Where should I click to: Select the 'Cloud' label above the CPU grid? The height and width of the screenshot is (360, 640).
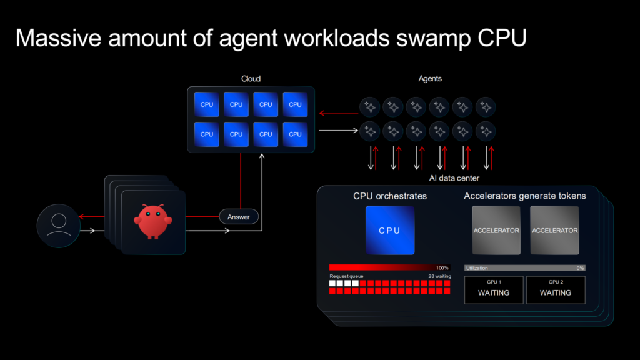pos(251,79)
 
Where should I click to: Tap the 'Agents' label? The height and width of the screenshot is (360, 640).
pos(430,79)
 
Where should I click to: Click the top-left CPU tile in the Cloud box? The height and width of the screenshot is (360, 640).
pos(207,104)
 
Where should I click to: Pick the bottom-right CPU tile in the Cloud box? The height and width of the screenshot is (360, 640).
pos(295,134)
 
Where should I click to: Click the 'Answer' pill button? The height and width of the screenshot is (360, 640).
pos(239,217)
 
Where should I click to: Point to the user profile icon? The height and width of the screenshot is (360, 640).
pos(59,224)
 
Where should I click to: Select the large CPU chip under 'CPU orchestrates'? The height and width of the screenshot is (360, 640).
pos(389,231)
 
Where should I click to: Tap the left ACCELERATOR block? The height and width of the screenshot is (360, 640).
pos(496,231)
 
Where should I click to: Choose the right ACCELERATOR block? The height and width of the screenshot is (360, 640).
pos(555,231)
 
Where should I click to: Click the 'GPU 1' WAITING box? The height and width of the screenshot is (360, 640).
pos(494,289)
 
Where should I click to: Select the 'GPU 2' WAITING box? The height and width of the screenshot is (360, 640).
pos(556,289)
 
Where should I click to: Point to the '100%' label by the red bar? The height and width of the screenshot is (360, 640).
pos(442,268)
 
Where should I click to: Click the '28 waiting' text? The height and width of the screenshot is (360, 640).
pos(439,276)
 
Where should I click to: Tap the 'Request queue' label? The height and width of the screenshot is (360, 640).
pos(346,276)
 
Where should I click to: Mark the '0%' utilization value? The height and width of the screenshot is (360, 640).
pos(580,268)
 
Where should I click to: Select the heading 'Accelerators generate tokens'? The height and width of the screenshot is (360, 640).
pos(525,196)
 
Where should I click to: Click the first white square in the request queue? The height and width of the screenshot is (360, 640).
pos(332,283)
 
